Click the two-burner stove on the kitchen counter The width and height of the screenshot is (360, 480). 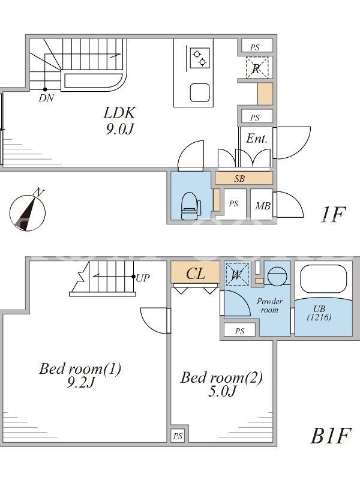coord(199,58)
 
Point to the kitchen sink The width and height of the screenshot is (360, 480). coord(200,92)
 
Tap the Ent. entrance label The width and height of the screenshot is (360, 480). coord(256,139)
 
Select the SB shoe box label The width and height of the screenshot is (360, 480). coord(239,179)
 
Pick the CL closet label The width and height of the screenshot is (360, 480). coord(196,274)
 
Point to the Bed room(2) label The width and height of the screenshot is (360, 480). coord(221,385)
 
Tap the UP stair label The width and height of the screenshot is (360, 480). coord(143,278)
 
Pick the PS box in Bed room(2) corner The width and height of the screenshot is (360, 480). coord(178,436)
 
